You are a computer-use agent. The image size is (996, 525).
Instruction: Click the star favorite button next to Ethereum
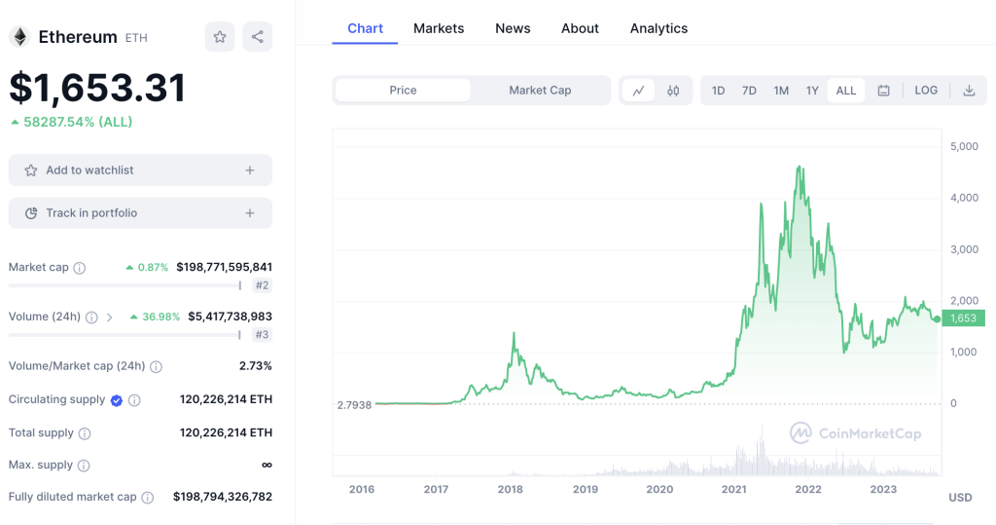click(220, 37)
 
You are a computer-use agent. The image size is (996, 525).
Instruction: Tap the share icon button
click(257, 37)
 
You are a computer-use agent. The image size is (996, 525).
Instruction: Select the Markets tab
click(439, 28)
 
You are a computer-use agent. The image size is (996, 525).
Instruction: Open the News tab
click(513, 28)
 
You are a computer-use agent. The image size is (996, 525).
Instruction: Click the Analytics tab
click(658, 28)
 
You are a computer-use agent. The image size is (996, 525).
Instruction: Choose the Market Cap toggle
click(540, 91)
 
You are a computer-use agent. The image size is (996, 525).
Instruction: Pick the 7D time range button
click(749, 91)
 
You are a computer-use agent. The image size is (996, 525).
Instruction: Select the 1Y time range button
click(812, 91)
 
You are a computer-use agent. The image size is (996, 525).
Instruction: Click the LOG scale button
click(926, 91)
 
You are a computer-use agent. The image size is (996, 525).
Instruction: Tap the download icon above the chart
click(969, 91)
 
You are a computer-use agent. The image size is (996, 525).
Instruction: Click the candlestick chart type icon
click(673, 91)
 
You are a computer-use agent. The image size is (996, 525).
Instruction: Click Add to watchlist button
click(140, 170)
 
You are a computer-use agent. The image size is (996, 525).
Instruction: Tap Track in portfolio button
click(140, 213)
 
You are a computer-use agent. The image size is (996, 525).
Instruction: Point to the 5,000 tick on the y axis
click(964, 146)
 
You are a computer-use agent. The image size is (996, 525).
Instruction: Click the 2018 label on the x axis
click(511, 489)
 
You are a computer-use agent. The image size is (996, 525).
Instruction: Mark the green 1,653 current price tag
click(962, 318)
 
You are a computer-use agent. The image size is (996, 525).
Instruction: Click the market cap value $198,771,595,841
click(224, 267)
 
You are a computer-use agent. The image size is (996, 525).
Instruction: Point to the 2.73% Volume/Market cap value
click(255, 366)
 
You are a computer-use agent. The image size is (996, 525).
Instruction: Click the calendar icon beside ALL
click(883, 91)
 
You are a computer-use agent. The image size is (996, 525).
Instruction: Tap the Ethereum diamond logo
click(19, 37)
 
